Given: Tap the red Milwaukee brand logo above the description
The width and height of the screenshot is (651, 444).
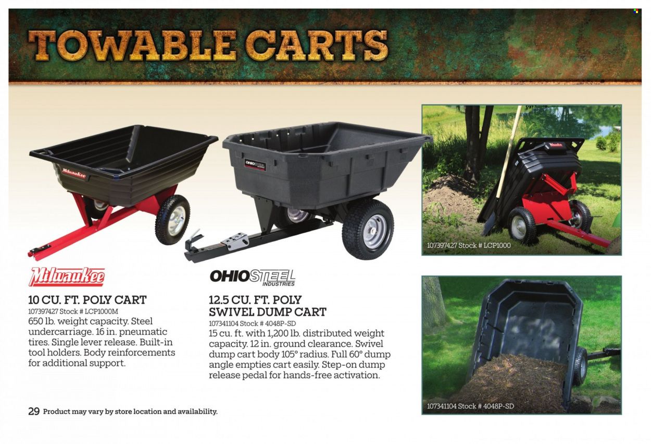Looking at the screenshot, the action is coord(67,277).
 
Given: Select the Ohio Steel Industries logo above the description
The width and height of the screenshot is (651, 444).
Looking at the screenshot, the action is coord(253,278).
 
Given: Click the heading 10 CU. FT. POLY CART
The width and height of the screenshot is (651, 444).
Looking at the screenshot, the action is coord(87,300).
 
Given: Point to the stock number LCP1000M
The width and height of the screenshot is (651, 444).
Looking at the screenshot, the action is coord(101,311).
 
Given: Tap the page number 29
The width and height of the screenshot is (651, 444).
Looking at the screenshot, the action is coord(34,412).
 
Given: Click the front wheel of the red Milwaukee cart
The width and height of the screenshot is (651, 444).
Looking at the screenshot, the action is coord(172,220).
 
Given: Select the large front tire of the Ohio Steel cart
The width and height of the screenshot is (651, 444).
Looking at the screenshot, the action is coord(368,229).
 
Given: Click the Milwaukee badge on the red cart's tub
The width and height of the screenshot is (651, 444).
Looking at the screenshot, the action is coord(74,173).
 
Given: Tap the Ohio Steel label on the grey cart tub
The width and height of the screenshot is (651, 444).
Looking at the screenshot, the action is coord(255,165).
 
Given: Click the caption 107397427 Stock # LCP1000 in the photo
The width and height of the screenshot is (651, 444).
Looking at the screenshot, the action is coord(469,245).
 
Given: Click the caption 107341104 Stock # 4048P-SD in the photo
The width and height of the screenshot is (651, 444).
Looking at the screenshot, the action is coord(470,406).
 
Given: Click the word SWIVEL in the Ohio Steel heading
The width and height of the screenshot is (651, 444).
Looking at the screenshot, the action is coord(231,312).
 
